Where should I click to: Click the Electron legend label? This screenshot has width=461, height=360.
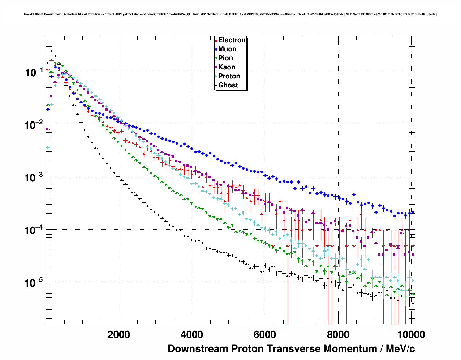tap(232, 40)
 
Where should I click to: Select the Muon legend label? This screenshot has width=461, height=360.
tap(227, 49)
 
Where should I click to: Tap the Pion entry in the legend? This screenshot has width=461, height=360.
tap(225, 58)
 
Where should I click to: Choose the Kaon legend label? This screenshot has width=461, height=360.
tap(227, 67)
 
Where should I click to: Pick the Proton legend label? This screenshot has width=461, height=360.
tap(229, 76)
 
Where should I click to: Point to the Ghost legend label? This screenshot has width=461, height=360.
tap(228, 85)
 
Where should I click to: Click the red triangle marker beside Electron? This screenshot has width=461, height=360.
tap(216, 40)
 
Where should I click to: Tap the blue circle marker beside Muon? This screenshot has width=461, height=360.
tap(216, 49)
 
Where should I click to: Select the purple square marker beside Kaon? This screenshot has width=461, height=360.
tap(216, 67)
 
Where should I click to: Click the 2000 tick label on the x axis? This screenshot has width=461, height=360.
tap(119, 335)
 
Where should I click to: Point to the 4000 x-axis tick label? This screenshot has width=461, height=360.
tap(192, 335)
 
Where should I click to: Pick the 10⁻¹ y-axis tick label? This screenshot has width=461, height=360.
tap(34, 72)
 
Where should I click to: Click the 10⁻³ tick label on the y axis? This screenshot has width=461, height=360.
tap(34, 177)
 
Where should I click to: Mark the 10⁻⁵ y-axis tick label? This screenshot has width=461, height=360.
tap(34, 283)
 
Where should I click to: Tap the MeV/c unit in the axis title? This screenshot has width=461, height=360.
tap(400, 349)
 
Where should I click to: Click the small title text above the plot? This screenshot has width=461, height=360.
tap(230, 14)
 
